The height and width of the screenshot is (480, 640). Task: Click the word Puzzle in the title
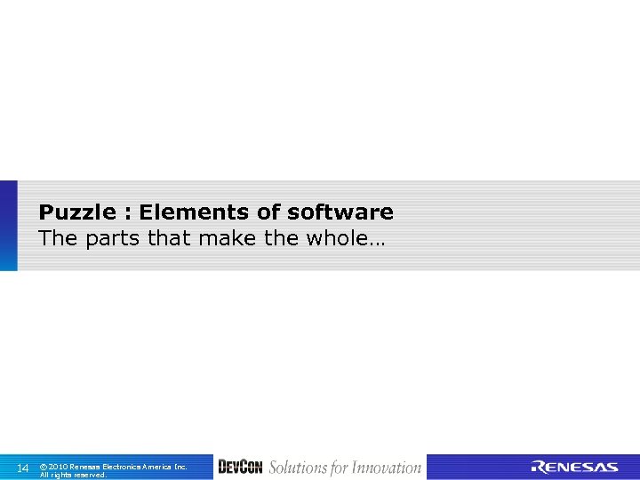click(x=77, y=212)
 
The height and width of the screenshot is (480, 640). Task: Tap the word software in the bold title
click(x=340, y=212)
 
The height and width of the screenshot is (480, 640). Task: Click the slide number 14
click(x=23, y=468)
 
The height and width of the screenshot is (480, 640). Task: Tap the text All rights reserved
click(x=73, y=475)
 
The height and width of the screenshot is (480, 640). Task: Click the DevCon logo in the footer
click(x=240, y=468)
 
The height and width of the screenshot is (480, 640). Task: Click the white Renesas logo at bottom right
click(x=574, y=468)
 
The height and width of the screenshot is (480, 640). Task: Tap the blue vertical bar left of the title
click(x=8, y=226)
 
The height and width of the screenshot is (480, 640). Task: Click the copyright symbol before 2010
click(x=44, y=467)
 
